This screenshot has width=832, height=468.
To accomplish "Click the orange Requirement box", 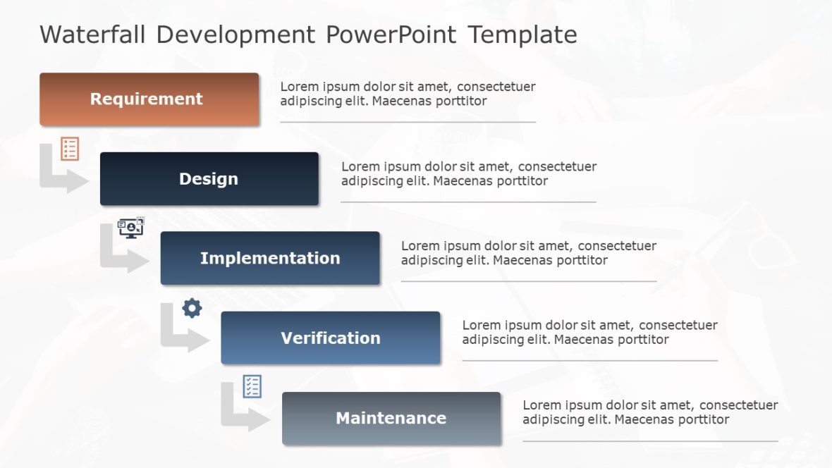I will (149, 99).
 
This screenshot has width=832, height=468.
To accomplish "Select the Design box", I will (209, 179).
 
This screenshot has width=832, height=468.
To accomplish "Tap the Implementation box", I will (269, 258).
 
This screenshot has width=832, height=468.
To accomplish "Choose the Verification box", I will (330, 338).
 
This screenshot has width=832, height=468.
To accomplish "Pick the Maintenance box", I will (391, 418).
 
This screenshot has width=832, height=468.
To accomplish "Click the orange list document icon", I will (70, 149).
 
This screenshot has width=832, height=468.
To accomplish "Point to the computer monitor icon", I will (130, 228).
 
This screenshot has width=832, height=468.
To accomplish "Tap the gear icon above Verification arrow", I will (192, 308).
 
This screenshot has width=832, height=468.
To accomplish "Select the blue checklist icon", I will (252, 386).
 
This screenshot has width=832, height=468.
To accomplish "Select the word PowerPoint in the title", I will (391, 35).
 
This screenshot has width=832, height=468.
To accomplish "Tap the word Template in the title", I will (522, 35).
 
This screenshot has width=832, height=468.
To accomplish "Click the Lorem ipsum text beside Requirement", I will (407, 94).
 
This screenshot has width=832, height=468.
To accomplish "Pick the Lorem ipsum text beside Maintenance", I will (649, 412).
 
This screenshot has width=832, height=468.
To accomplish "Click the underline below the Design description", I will (468, 202).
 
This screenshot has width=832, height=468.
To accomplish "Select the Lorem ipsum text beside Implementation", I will (528, 253).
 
